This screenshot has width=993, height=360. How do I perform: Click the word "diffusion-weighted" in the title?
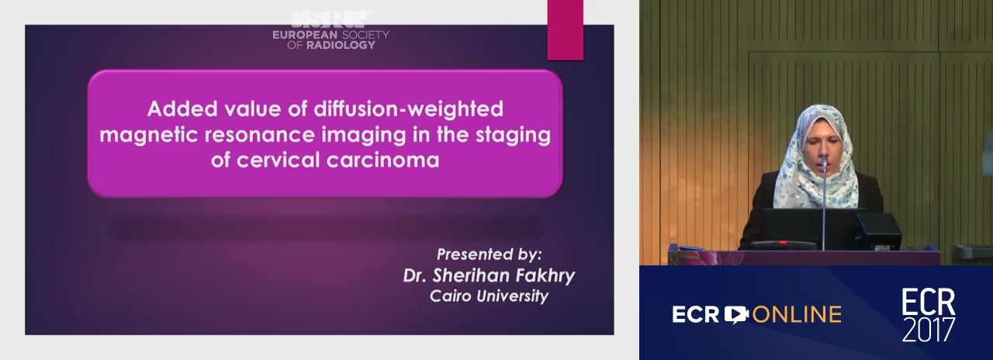pyautogui.click(x=408, y=109)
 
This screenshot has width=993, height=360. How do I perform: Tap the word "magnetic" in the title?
pyautogui.click(x=148, y=135)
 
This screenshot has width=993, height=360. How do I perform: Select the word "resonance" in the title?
pyautogui.click(x=260, y=135)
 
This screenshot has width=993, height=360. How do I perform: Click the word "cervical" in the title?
pyautogui.click(x=278, y=160)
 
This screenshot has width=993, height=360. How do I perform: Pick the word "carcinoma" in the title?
pyautogui.click(x=383, y=160)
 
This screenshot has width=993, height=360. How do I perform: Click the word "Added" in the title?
pyautogui.click(x=182, y=109)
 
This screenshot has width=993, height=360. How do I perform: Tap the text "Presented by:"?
pyautogui.click(x=489, y=254)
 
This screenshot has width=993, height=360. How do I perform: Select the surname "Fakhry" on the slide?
pyautogui.click(x=539, y=275)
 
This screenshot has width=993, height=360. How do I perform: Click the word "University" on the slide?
pyautogui.click(x=513, y=296)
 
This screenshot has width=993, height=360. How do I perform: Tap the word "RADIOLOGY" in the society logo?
pyautogui.click(x=341, y=45)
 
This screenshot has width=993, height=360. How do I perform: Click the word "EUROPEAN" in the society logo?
pyautogui.click(x=305, y=35)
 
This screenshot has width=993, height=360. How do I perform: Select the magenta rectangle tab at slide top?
pyautogui.click(x=566, y=29)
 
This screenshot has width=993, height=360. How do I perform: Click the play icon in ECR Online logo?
pyautogui.click(x=736, y=314)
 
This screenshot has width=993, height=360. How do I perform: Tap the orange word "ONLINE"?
pyautogui.click(x=797, y=315)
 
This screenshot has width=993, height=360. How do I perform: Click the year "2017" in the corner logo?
pyautogui.click(x=929, y=329)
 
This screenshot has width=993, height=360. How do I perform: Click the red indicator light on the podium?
pyautogui.click(x=784, y=243)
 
